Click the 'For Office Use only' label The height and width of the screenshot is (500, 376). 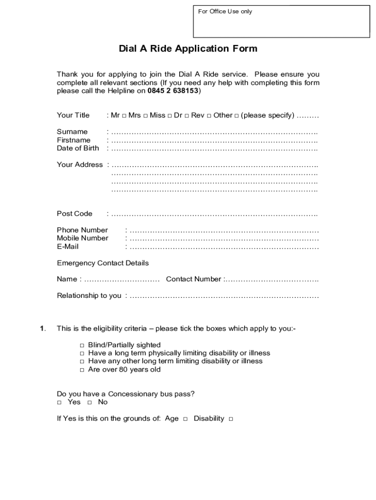pyautogui.click(x=225, y=11)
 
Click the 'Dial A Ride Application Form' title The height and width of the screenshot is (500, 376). pyautogui.click(x=188, y=49)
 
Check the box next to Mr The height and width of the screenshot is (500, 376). pyautogui.click(x=124, y=116)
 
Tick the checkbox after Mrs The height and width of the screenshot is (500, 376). pyautogui.click(x=145, y=116)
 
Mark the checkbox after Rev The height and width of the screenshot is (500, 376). pyautogui.click(x=209, y=116)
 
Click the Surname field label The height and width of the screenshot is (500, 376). pyautogui.click(x=72, y=132)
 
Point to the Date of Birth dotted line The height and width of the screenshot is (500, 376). pyautogui.click(x=214, y=148)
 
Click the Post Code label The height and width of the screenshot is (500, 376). pyautogui.click(x=74, y=214)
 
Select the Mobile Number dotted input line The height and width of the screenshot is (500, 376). pyautogui.click(x=224, y=238)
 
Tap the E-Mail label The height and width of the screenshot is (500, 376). pyautogui.click(x=67, y=247)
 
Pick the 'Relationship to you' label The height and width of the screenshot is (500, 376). pyautogui.click(x=89, y=296)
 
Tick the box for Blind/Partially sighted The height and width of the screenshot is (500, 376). pyautogui.click(x=83, y=345)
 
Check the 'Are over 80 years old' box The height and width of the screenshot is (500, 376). pyautogui.click(x=83, y=370)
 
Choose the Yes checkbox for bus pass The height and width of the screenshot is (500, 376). pyautogui.click(x=59, y=402)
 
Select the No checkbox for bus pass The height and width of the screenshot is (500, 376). pyautogui.click(x=89, y=402)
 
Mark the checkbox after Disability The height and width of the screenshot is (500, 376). pyautogui.click(x=230, y=419)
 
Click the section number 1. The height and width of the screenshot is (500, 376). pyautogui.click(x=42, y=329)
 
